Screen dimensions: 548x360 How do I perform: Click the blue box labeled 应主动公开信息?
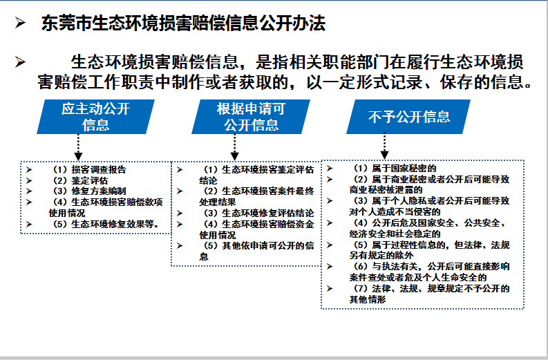(96, 117)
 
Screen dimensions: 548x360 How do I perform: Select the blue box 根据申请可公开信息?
(251, 117)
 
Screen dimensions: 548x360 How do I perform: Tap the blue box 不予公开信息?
(408, 117)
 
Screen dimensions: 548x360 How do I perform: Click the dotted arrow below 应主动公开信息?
(78, 147)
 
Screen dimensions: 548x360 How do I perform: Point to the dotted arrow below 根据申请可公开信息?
(234, 147)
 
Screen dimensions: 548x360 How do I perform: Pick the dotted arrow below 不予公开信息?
(384, 146)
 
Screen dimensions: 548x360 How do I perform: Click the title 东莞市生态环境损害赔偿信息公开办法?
(184, 23)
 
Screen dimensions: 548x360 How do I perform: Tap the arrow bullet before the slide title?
(20, 23)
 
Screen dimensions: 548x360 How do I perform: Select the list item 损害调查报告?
(99, 169)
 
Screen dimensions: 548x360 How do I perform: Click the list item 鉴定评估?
(89, 181)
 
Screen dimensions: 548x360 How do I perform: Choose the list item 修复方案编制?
(99, 191)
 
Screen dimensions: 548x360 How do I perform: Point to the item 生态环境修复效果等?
(115, 224)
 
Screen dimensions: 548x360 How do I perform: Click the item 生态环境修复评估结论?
(268, 214)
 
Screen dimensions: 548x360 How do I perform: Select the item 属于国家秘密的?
(404, 169)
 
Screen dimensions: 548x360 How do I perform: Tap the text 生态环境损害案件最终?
(268, 191)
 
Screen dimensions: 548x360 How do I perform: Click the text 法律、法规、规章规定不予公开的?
(441, 289)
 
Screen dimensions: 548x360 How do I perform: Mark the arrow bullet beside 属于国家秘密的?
(330, 169)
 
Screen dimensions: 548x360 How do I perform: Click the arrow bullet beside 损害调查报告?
(29, 169)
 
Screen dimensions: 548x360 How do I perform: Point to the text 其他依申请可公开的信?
(268, 246)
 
